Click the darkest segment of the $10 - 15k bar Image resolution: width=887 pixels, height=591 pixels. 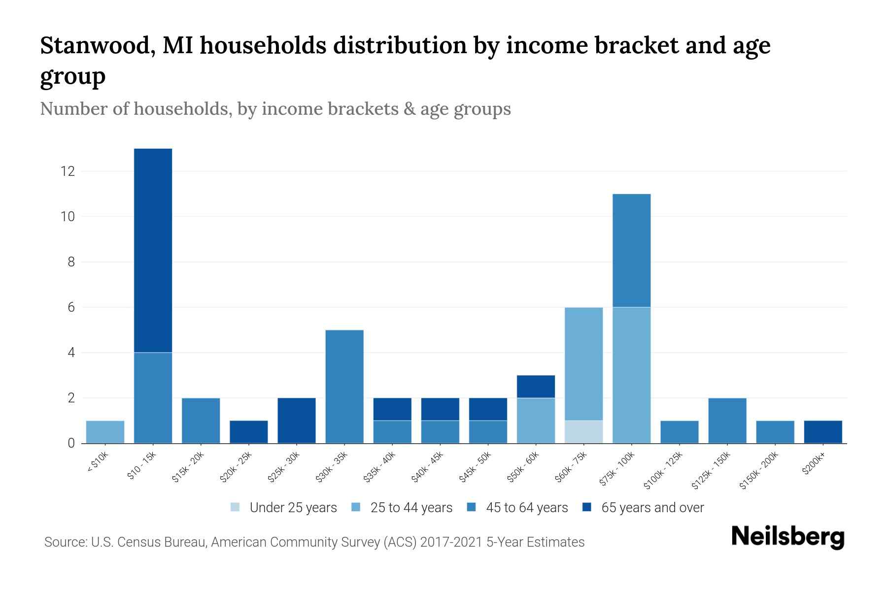[153, 250]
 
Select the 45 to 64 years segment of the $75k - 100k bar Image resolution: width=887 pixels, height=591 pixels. [631, 250]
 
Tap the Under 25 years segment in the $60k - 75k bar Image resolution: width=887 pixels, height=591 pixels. [583, 431]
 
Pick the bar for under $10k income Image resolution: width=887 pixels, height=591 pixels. [105, 431]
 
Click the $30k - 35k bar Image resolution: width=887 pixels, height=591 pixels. [344, 386]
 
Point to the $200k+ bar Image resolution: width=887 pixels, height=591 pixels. [822, 431]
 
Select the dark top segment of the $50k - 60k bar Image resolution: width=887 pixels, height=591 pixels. [536, 386]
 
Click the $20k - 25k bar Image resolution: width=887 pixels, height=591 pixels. [248, 431]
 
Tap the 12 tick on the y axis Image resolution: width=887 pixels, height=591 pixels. [68, 171]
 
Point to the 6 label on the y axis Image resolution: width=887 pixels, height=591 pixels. [71, 307]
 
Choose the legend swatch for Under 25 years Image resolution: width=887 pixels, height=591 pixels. [236, 507]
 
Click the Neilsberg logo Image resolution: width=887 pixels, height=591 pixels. [787, 537]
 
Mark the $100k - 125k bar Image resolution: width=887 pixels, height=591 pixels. [679, 431]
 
